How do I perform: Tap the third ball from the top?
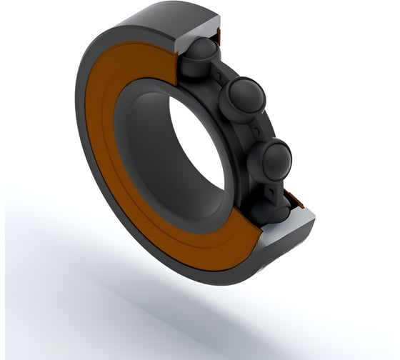click(x=275, y=159)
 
